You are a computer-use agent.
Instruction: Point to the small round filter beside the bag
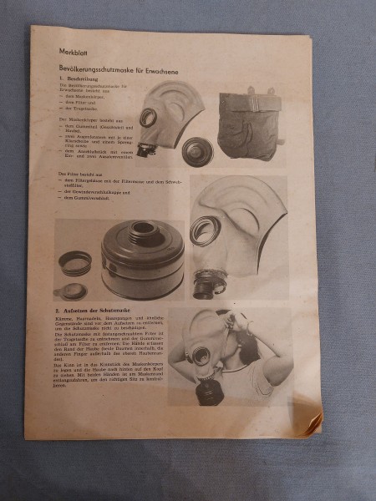tap(198, 151)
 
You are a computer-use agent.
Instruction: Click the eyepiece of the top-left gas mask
tap(149, 117)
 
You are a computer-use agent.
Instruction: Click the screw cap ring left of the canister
tap(75, 261)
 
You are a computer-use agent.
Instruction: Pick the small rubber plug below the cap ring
tap(74, 290)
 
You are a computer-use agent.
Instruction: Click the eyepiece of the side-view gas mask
tap(204, 229)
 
